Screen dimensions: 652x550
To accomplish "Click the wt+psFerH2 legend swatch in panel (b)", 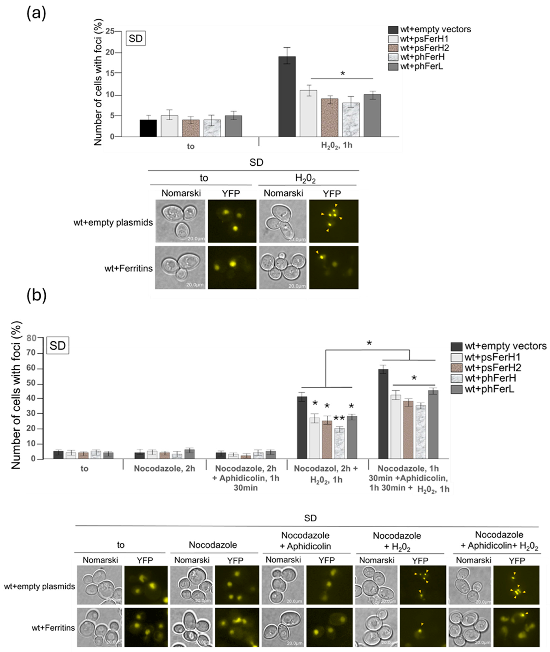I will [456, 368].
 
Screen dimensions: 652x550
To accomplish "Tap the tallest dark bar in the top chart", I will [287, 97].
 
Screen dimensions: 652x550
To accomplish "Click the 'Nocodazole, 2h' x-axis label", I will [165, 468].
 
